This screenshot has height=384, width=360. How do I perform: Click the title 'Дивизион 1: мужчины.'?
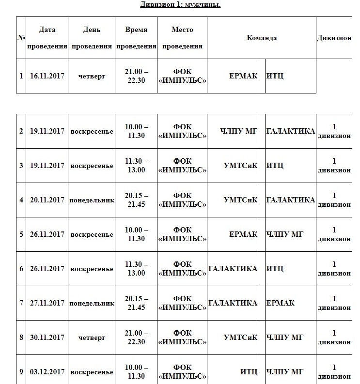180,5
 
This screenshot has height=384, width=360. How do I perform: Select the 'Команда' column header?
262,38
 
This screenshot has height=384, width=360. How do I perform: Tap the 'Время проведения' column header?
136,38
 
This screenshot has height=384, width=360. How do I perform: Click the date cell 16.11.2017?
47,76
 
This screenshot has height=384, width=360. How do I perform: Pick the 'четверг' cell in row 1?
92,76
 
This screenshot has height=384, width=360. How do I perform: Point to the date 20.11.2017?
47,200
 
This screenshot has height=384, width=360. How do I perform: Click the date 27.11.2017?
47,303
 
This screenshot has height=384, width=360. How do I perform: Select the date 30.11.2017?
47,338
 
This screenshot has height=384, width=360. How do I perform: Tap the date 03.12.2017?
47,372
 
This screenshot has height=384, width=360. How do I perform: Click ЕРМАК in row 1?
243,76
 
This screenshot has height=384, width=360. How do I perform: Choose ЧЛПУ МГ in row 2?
239,131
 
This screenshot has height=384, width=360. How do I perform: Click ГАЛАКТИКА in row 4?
290,200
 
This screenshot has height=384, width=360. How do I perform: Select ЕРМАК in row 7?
280,303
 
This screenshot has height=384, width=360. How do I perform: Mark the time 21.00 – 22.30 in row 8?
136,338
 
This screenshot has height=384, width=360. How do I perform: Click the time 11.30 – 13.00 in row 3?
136,166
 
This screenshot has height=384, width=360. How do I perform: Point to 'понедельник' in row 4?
92,200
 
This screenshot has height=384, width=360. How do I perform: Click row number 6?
21,269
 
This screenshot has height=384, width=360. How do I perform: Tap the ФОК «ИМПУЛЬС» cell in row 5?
182,234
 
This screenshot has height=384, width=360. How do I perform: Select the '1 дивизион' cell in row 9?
334,372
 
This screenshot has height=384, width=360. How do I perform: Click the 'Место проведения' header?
182,38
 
